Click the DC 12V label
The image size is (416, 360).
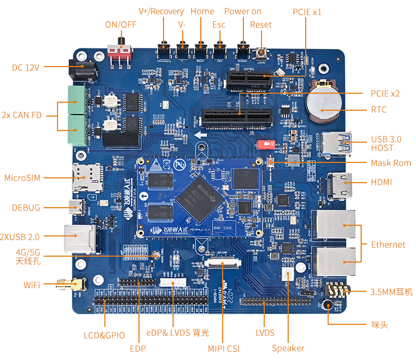click(25, 67)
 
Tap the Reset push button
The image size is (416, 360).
click(262, 53)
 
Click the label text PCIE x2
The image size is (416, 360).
click(385, 93)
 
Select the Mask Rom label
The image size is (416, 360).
click(391, 163)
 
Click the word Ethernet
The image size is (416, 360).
click(388, 244)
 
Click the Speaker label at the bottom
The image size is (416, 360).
click(288, 348)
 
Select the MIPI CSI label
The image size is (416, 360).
click(224, 348)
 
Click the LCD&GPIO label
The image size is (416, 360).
click(104, 336)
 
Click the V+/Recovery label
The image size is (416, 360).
click(161, 11)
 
